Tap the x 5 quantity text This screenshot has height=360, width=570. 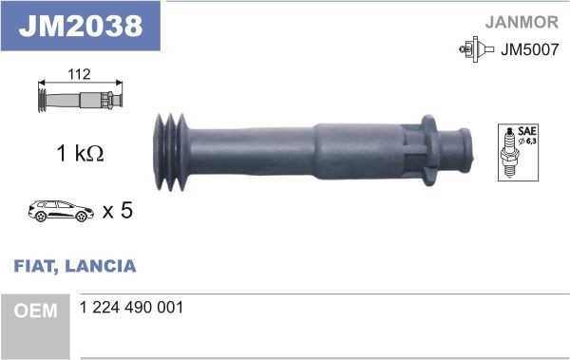coord(116,210)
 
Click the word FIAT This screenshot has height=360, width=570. coord(34,266)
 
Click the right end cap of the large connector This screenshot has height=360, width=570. coord(466,149)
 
